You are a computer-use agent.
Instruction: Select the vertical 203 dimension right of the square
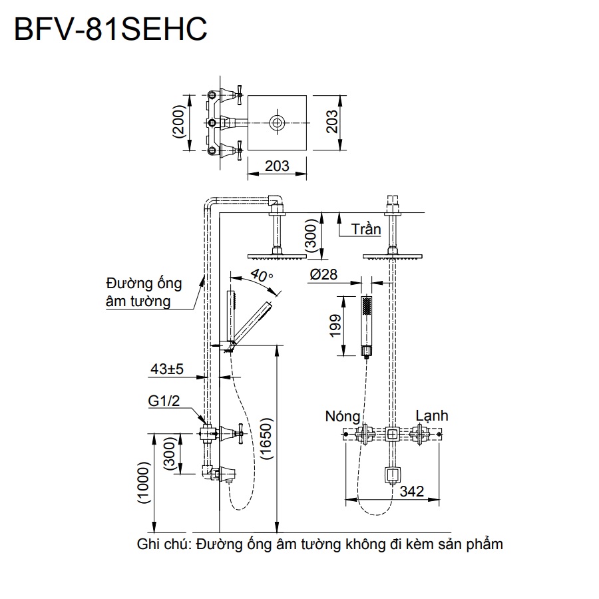(332, 122)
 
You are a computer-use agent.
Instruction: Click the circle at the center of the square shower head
(277, 122)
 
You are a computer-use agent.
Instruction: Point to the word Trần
(366, 229)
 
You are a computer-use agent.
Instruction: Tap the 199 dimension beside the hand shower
(336, 326)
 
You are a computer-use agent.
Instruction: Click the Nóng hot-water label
(343, 417)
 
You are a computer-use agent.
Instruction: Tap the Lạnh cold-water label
(431, 416)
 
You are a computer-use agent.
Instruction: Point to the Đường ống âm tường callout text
(143, 292)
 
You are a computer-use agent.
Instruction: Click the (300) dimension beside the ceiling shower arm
(311, 236)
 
